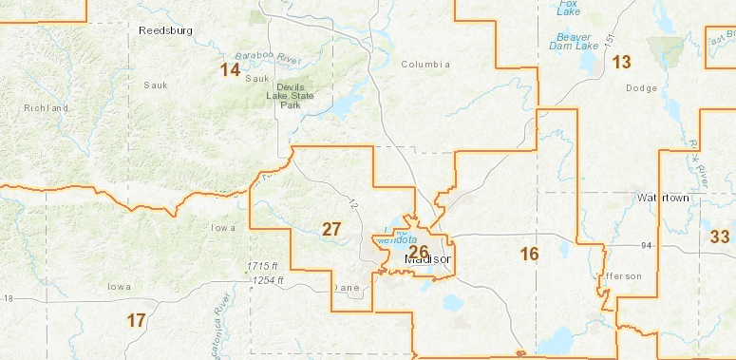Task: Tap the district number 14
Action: [x=230, y=70]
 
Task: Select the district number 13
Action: [x=621, y=63]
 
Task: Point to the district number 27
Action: [x=331, y=229]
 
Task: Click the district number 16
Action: [x=529, y=254]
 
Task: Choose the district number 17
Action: [x=136, y=320]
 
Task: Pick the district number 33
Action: [x=720, y=237]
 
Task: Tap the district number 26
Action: [x=418, y=251]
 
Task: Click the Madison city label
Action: [x=428, y=259]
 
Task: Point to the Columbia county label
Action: [x=423, y=65]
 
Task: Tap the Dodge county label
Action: [x=642, y=87]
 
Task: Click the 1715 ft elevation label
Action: [x=260, y=265]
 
